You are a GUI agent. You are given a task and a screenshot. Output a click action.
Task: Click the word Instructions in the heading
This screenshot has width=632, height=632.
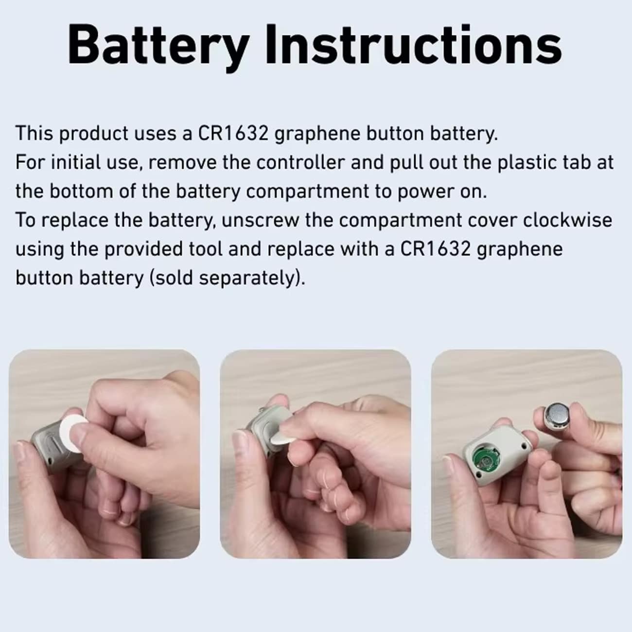tap(414, 45)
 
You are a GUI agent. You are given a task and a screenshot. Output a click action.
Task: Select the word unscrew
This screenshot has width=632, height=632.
tap(261, 220)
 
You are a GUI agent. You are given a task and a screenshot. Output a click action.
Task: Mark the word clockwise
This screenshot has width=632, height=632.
tap(567, 220)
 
